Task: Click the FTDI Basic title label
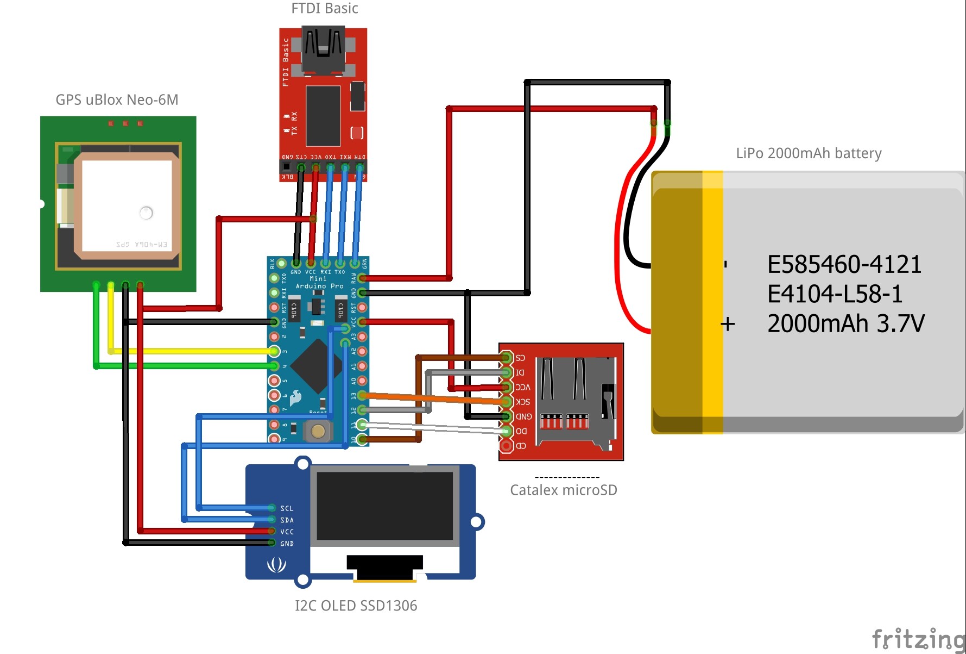(x=325, y=9)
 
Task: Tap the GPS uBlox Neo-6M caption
(x=117, y=100)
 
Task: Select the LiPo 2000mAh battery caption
(x=809, y=153)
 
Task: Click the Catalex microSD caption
(x=564, y=490)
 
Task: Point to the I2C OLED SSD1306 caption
(x=356, y=606)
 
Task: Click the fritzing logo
(x=918, y=639)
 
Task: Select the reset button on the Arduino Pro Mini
(x=318, y=432)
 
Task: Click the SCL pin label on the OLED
(x=287, y=508)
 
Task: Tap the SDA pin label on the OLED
(x=287, y=520)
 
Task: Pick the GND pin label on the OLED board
(x=287, y=544)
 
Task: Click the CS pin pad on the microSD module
(x=506, y=358)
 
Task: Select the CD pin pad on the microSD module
(x=506, y=446)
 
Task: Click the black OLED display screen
(x=384, y=506)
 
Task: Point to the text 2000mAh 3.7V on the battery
(x=845, y=323)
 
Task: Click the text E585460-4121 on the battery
(x=844, y=265)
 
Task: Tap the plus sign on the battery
(x=728, y=325)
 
